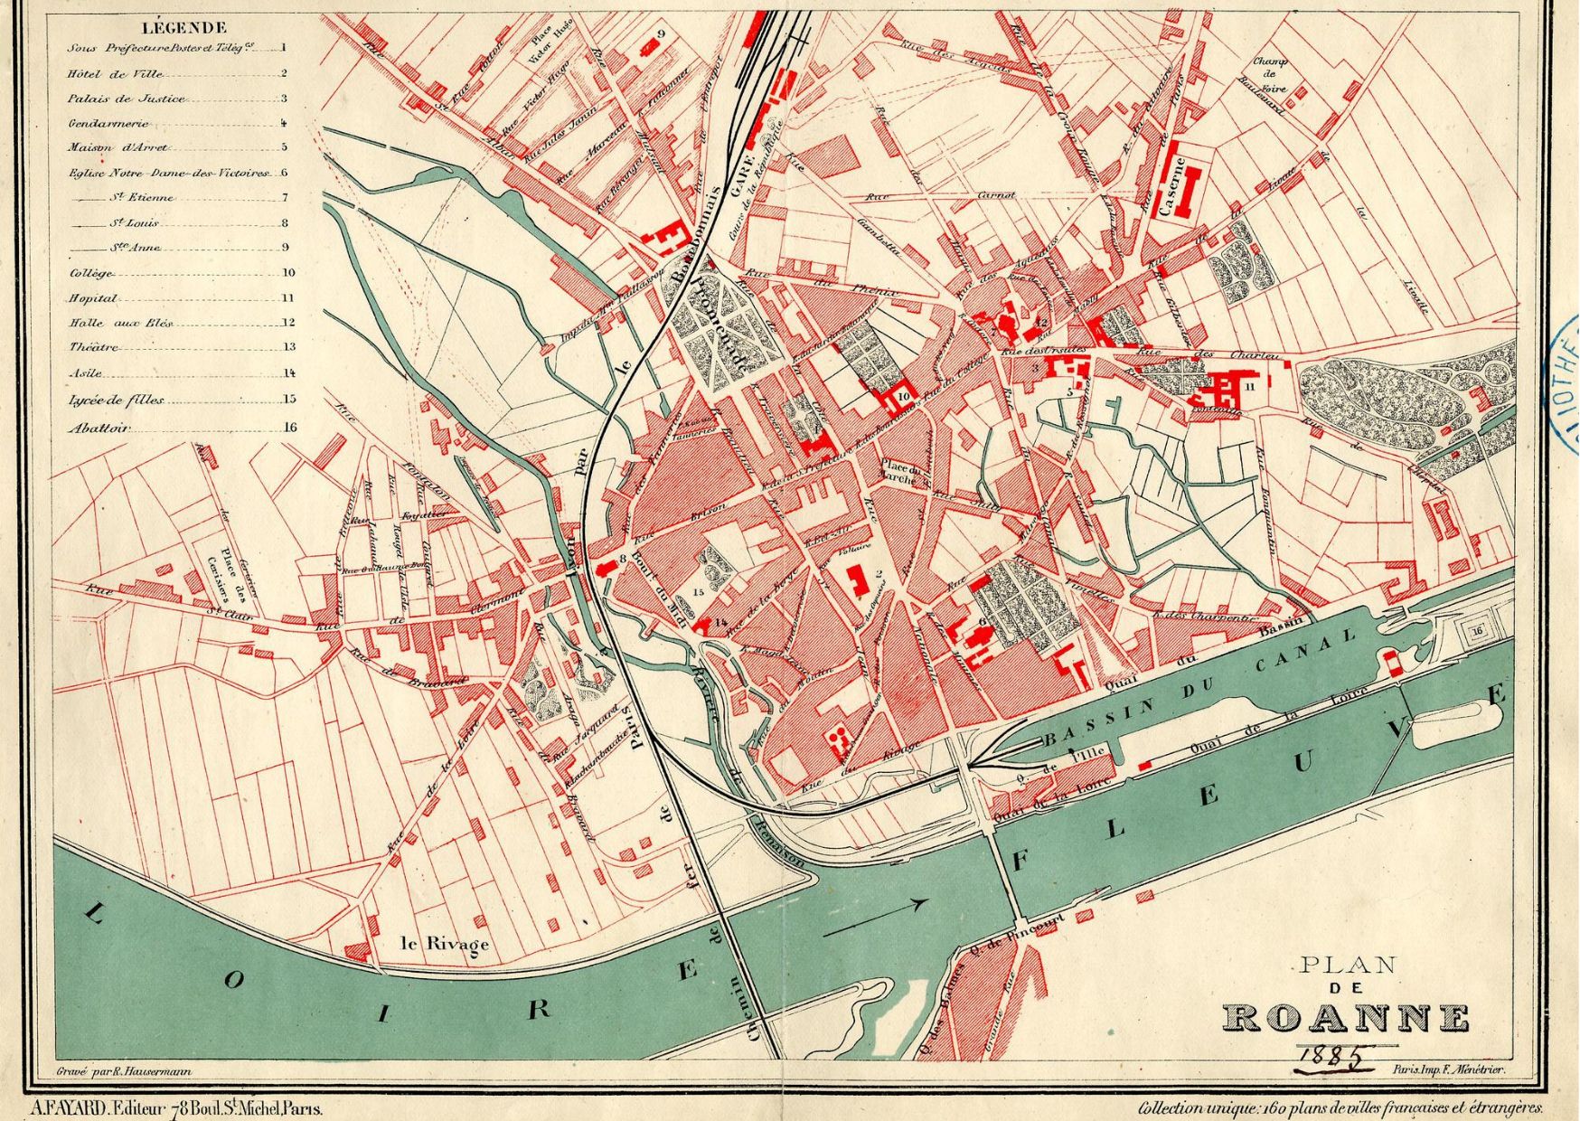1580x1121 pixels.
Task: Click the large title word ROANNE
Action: point(1346,1017)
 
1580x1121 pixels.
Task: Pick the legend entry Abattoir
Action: point(99,429)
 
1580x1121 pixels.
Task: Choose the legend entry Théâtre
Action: point(92,347)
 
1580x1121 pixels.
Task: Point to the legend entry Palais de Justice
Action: point(126,99)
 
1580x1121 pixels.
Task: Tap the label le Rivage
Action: point(445,944)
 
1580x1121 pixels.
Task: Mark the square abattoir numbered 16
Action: point(1477,631)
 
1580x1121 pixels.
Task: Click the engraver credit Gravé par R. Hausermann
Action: point(118,1069)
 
